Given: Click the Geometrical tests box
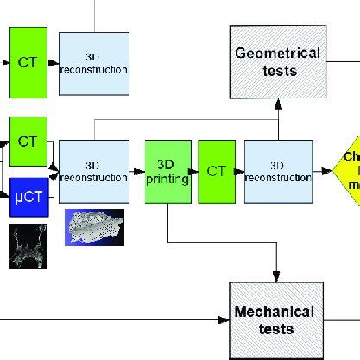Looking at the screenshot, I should point(277,62).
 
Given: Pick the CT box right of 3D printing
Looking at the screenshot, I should point(217,170).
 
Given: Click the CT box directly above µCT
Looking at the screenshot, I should point(26,140).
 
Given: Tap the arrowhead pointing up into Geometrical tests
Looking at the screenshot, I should point(278,104).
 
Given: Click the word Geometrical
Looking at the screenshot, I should point(277,54).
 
